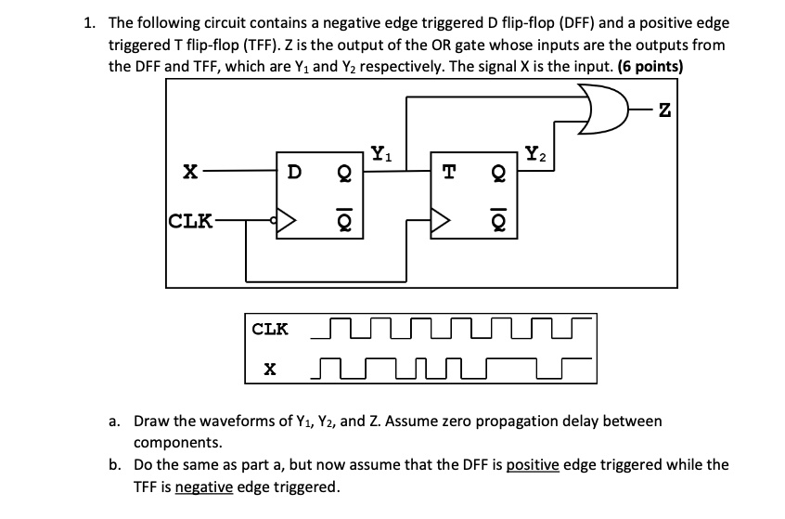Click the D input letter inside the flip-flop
[293, 173]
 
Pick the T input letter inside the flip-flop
[449, 173]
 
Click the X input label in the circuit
[189, 173]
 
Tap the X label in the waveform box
[270, 370]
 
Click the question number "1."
[90, 22]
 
